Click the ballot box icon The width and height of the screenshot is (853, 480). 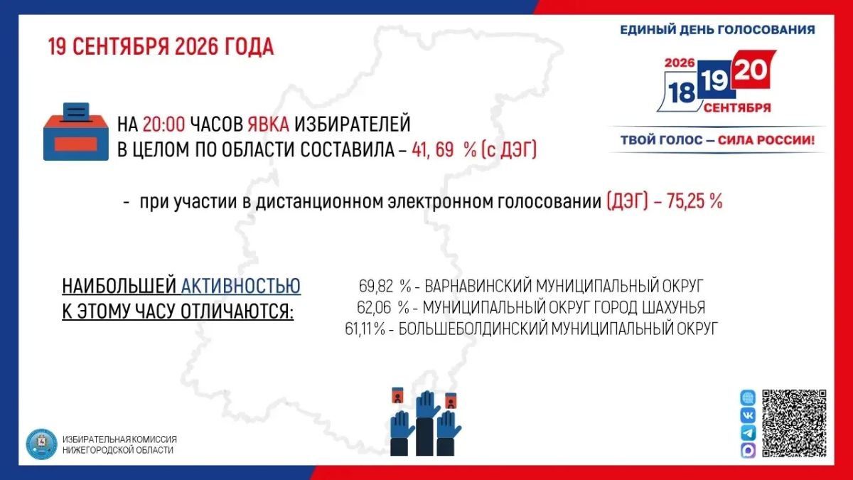(76, 132)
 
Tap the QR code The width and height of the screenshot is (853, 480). (794, 423)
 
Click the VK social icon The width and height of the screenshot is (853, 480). (748, 415)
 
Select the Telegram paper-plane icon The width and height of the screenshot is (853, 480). (748, 433)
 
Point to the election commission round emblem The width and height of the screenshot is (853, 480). (41, 444)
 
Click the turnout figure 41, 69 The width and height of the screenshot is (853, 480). (433, 150)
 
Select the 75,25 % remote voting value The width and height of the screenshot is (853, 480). (694, 201)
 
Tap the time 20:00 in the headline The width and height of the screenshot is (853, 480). (164, 124)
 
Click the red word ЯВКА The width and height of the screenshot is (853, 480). (269, 124)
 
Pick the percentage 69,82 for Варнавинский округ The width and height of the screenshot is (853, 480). (376, 286)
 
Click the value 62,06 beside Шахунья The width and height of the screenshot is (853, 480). (374, 307)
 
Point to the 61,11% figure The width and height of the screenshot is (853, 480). (365, 329)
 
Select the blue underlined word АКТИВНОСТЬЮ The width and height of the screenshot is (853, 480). (241, 286)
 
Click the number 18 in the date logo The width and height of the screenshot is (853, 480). (682, 92)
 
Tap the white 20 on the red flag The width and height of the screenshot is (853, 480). (751, 70)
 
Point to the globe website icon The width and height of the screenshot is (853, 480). (748, 398)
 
